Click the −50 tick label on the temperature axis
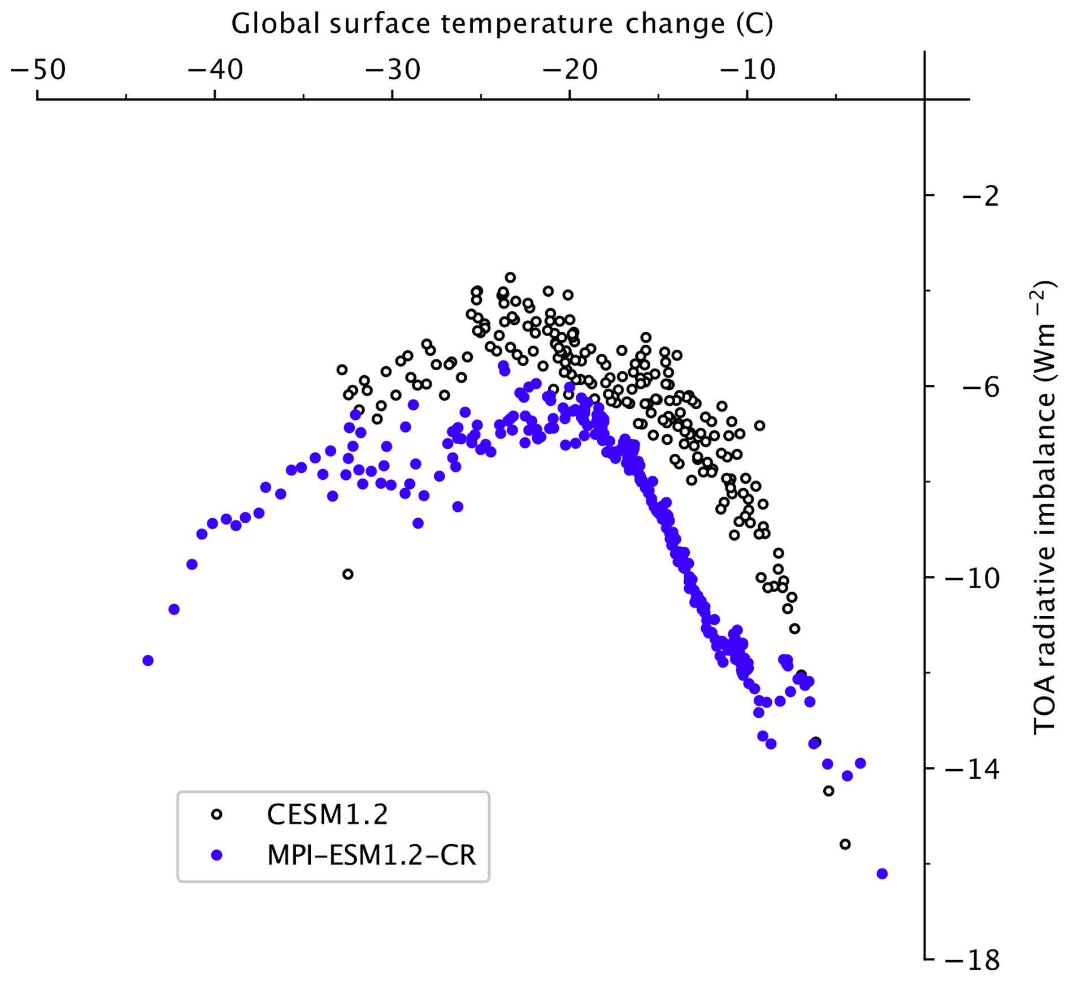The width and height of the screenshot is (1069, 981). [38, 70]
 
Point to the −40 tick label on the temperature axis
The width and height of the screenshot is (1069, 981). [215, 70]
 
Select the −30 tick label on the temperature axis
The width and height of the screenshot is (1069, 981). [393, 70]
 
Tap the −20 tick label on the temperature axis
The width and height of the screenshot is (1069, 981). [570, 70]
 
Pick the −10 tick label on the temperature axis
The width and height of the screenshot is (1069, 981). [748, 70]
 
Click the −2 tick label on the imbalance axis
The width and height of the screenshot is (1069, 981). [981, 197]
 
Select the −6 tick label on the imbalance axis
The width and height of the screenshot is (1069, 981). [981, 388]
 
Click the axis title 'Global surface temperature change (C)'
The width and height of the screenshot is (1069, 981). [502, 24]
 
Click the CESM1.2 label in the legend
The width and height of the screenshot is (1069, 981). [328, 815]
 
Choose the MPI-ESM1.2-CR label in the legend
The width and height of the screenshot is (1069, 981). [372, 856]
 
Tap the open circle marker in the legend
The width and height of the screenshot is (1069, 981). [216, 815]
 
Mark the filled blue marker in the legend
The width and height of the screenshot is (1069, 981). [216, 856]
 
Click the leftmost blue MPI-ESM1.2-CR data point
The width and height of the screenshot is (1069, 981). [148, 661]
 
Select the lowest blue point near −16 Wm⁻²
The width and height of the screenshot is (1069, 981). [882, 874]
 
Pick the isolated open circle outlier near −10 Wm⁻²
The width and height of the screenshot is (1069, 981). [348, 574]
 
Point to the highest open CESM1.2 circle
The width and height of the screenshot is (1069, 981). [510, 277]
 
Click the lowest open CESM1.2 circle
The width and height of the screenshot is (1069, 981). [845, 844]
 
